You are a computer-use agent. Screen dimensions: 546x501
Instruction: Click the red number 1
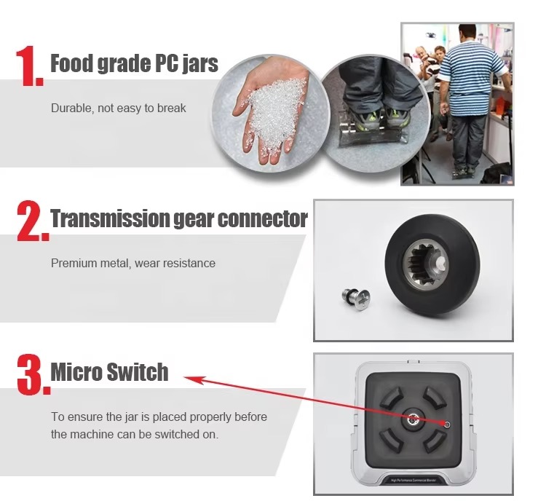pos(29,66)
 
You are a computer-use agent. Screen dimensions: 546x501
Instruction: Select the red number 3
pos(33,374)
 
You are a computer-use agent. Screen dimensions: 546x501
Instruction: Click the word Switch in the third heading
pos(138,371)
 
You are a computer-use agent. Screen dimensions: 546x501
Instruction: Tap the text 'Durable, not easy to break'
pos(119,108)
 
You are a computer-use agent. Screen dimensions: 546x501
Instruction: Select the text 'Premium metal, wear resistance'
pos(133,263)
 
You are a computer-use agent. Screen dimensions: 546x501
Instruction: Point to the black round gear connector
pos(432,264)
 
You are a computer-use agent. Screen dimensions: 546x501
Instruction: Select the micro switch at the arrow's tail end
pos(447,425)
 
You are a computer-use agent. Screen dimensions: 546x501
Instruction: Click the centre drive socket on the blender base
pos(414,419)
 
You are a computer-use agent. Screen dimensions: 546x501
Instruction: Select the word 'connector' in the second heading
pos(263,218)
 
